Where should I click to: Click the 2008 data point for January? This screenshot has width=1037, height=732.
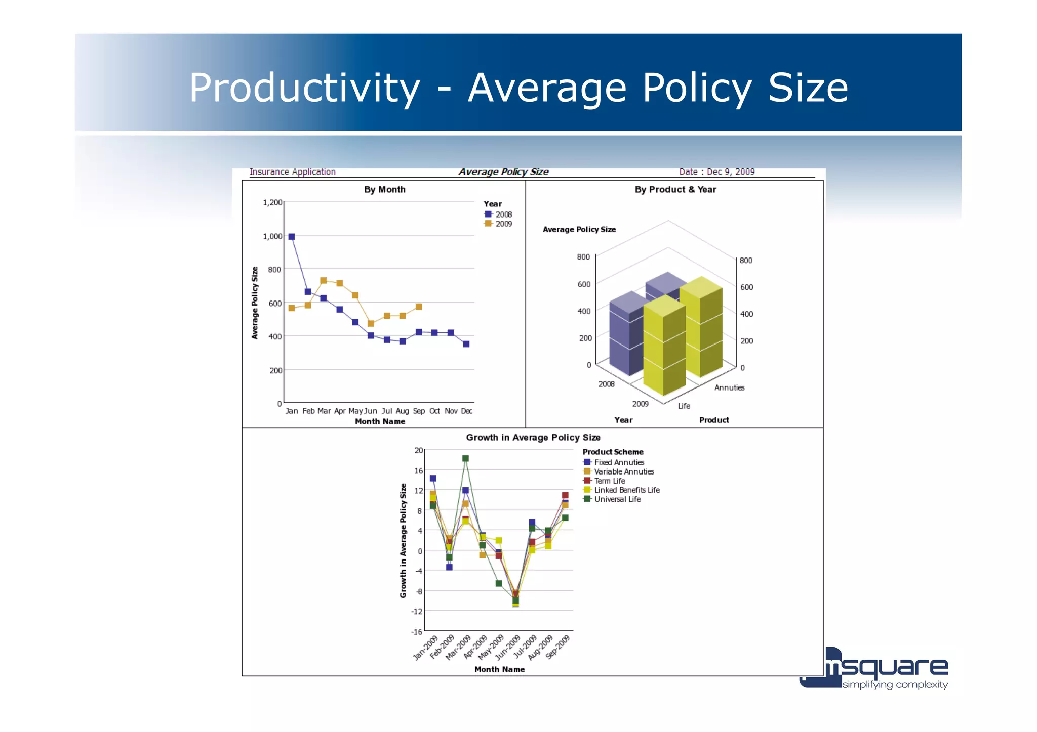[292, 236]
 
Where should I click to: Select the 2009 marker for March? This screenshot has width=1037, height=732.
[324, 280]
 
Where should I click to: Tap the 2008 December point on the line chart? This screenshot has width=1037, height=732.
[466, 344]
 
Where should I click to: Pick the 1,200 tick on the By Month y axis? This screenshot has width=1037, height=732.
[272, 202]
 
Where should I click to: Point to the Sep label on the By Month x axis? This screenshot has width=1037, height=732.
[419, 411]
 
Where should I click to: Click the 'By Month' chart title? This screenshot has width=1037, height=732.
[384, 190]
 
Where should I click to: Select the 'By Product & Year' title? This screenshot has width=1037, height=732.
[675, 190]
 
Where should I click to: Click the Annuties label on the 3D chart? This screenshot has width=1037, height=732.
[729, 387]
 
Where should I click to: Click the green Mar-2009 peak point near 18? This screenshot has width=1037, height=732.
[465, 458]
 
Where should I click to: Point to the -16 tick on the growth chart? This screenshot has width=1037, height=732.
[417, 631]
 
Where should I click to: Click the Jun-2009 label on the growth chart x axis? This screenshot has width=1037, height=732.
[508, 648]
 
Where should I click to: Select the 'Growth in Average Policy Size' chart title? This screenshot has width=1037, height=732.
[533, 438]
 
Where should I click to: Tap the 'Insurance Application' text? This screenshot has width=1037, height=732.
[292, 172]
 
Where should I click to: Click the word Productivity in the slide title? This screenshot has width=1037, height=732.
[304, 88]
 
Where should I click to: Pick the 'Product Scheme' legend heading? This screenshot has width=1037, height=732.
[613, 452]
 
